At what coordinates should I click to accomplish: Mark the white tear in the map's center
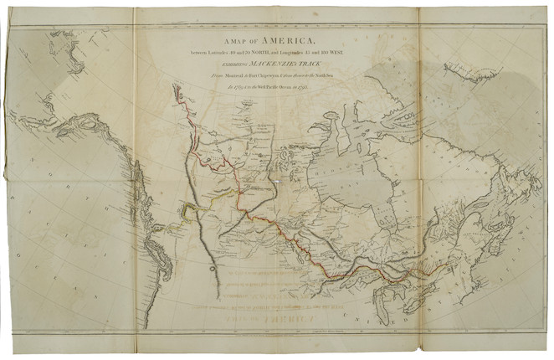point(277,180)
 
